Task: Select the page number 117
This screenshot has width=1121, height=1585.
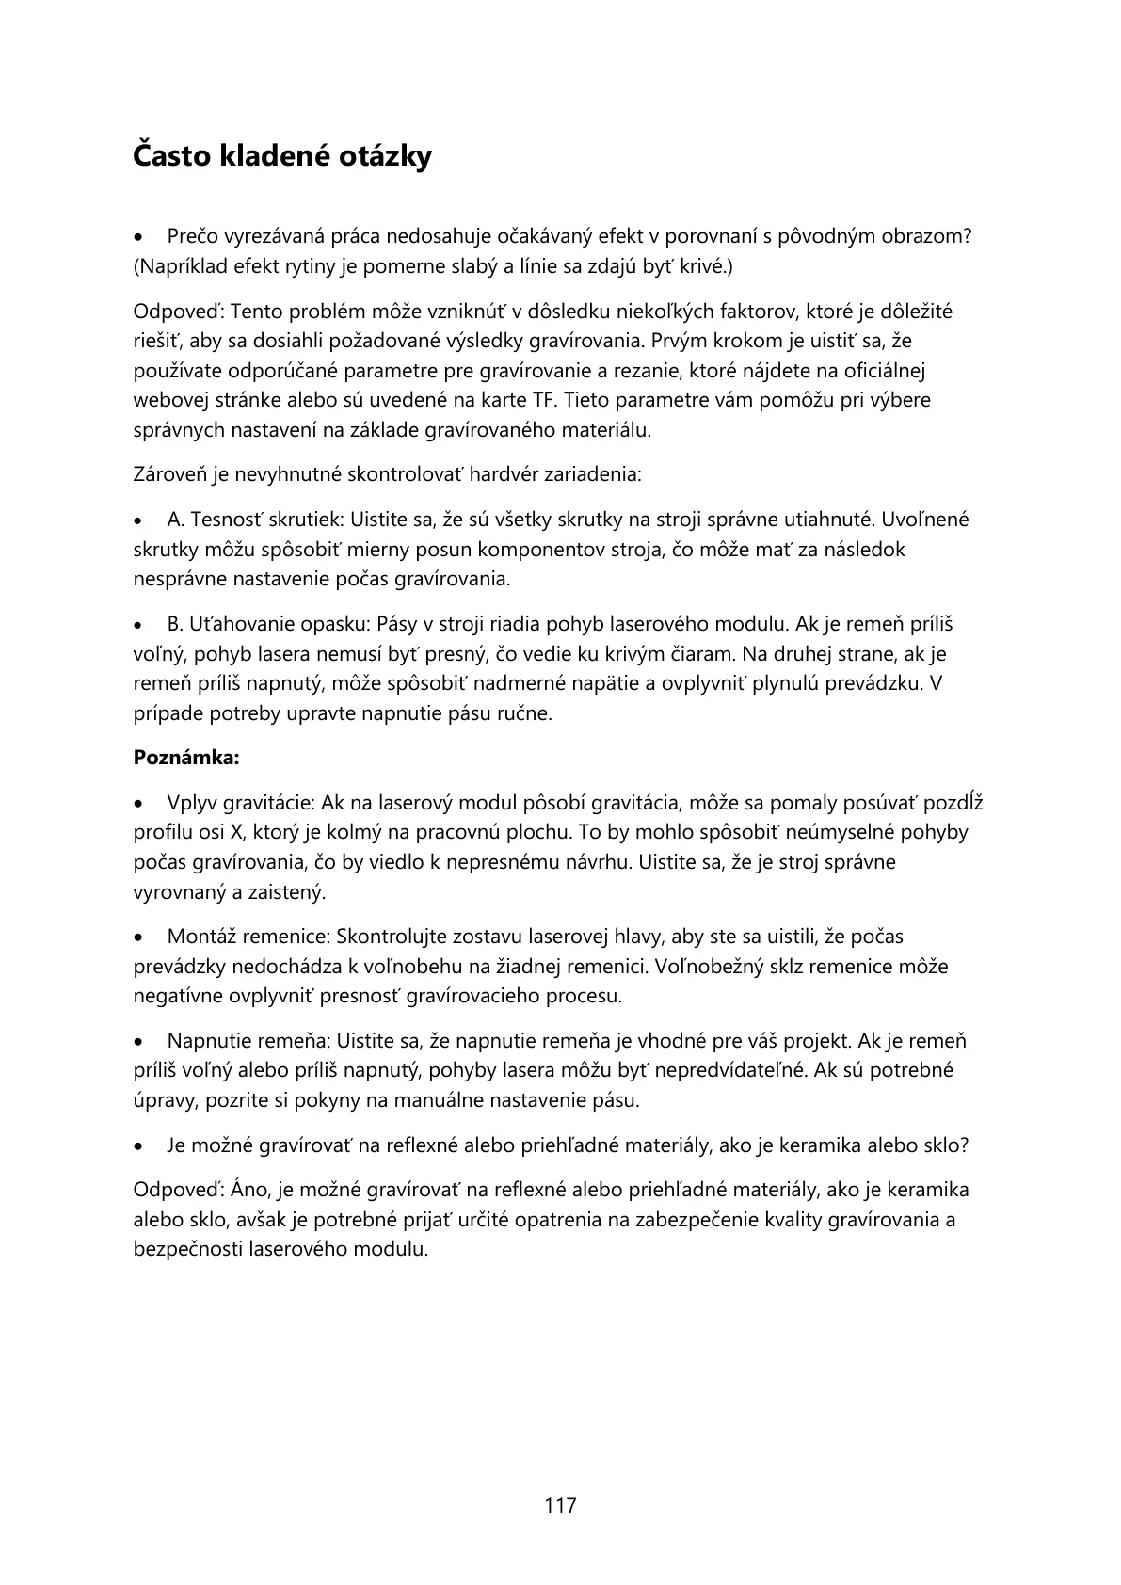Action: pos(560,1505)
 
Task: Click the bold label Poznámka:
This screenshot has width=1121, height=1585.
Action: pos(186,758)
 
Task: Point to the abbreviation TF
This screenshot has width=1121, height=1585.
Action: pos(547,400)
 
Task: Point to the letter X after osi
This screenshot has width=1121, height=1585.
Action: pos(236,833)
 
